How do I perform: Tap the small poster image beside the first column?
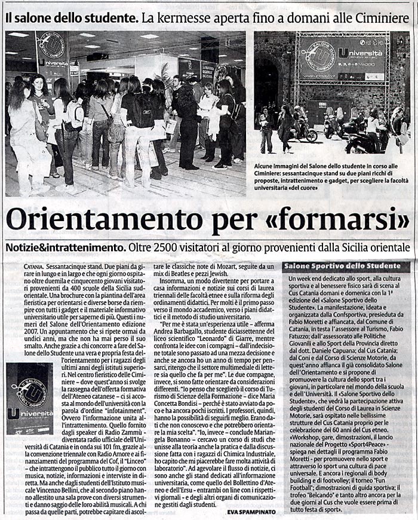pyautogui.click(x=30, y=399)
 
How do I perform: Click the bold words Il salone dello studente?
pyautogui.click(x=64, y=18)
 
